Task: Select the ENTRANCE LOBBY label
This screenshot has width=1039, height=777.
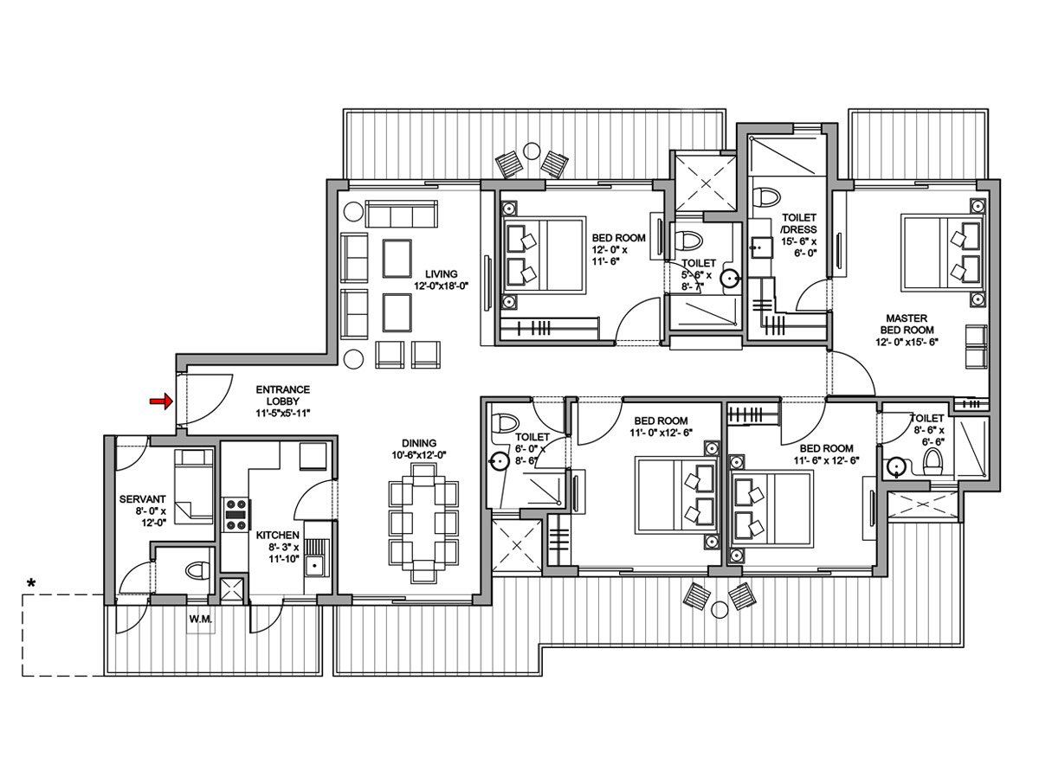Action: (282, 401)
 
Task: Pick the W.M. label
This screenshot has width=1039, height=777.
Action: (201, 620)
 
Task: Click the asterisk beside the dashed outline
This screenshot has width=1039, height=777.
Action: (31, 585)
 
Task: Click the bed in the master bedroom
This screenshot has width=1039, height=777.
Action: (942, 251)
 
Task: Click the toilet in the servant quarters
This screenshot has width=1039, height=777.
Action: (197, 570)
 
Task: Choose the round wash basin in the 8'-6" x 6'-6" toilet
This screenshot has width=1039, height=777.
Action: (894, 469)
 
